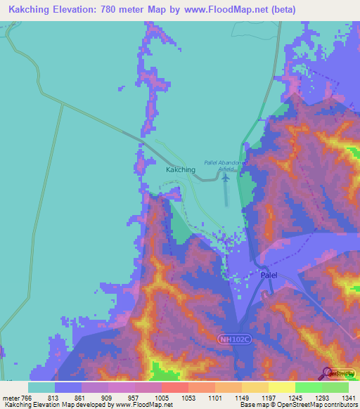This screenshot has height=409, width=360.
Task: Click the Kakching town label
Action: (x=180, y=170)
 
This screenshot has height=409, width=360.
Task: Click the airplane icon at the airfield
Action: (x=226, y=176)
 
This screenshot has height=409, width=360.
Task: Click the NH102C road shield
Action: (x=231, y=339)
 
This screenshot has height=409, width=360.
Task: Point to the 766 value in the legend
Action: (x=27, y=398)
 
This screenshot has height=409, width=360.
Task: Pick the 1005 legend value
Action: (x=161, y=398)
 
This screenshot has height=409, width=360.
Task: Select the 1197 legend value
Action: (x=268, y=398)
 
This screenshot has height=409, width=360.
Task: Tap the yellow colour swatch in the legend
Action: (x=281, y=387)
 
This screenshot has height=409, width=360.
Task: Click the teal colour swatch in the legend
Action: (x=41, y=387)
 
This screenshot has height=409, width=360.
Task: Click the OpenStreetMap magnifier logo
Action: (x=328, y=373)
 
